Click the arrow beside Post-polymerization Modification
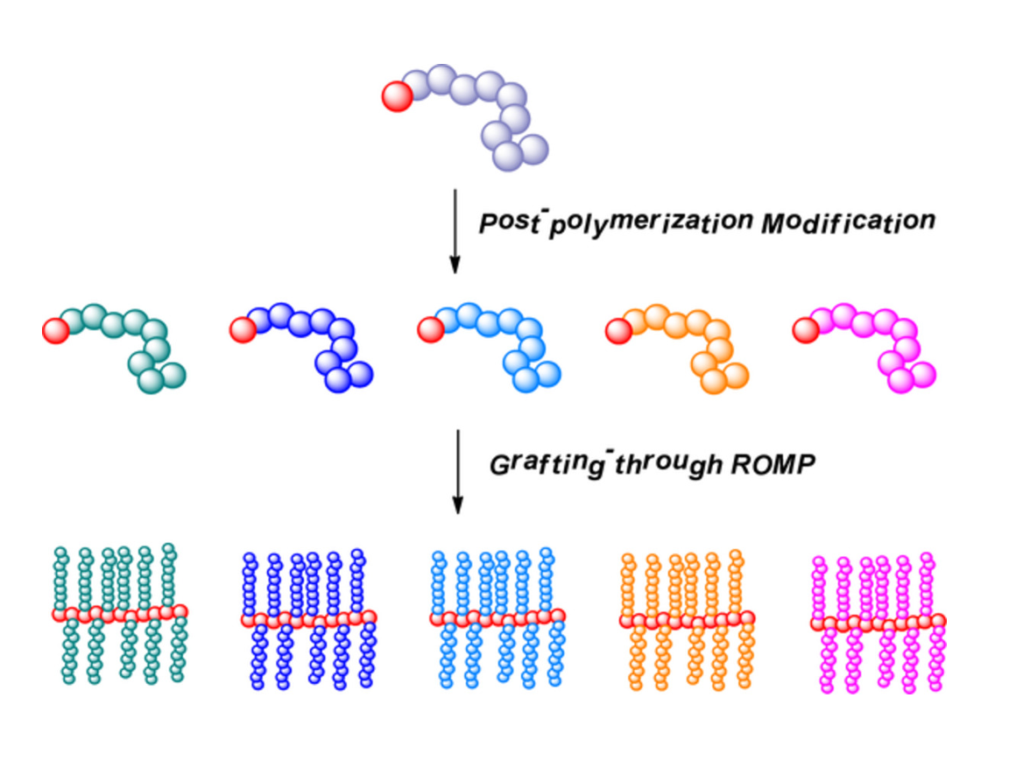(454, 228)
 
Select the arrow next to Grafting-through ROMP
(455, 469)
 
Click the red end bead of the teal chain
(56, 331)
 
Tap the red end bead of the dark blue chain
(242, 330)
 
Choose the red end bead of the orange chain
(618, 330)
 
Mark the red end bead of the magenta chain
(805, 330)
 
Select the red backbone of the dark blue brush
(308, 619)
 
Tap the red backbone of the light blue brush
(497, 618)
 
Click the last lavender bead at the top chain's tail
(533, 146)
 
